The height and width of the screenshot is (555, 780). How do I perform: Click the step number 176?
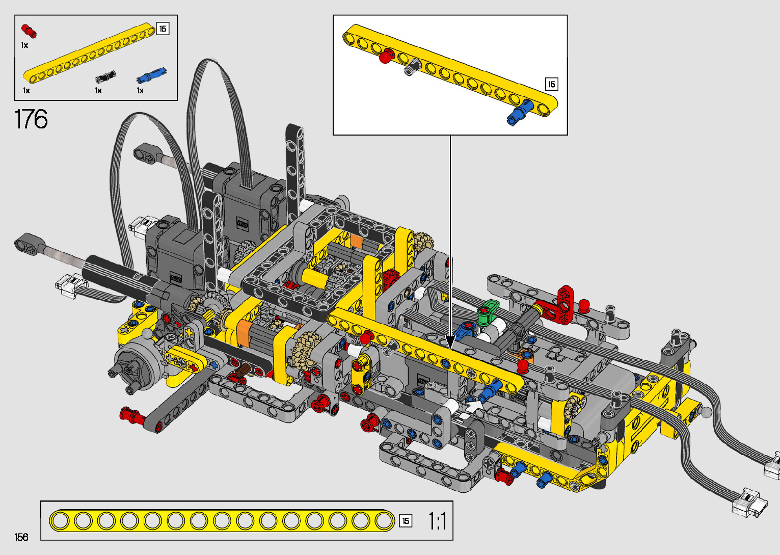tap(31, 119)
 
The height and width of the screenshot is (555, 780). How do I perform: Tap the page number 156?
tap(21, 537)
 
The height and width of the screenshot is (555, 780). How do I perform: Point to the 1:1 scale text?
tap(437, 521)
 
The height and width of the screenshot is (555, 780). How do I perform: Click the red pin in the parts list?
tap(29, 30)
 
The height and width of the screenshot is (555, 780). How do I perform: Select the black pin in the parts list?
tap(105, 76)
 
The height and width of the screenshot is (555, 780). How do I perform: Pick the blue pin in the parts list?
tap(151, 75)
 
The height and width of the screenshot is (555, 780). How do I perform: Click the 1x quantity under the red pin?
tap(24, 45)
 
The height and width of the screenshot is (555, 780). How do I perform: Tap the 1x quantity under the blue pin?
tap(140, 91)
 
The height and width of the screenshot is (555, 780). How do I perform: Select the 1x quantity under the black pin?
tap(98, 91)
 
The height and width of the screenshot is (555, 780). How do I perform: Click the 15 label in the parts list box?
tap(163, 29)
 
